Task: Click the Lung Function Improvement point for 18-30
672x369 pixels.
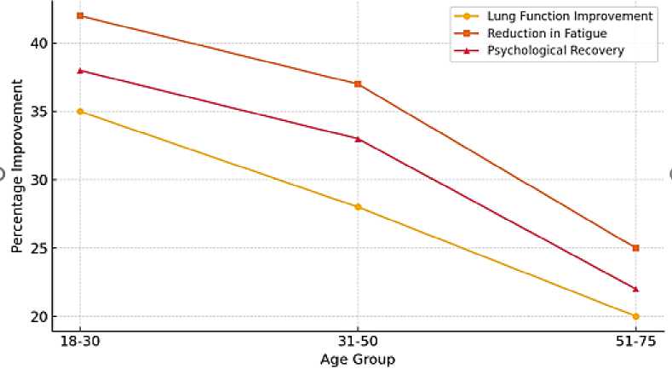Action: pos(80,112)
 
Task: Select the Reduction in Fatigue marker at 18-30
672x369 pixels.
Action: pos(80,15)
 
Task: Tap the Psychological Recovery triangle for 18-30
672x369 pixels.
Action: pos(80,71)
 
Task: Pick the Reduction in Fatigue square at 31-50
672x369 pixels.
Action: pos(358,84)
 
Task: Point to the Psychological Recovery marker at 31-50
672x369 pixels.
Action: pos(358,138)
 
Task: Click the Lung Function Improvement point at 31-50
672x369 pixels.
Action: pos(358,206)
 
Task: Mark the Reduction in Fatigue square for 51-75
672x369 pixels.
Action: pos(635,248)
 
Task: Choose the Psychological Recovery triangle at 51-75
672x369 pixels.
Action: pos(635,289)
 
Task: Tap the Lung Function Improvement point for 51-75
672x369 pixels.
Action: pos(635,316)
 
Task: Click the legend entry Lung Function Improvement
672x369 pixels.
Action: pos(569,16)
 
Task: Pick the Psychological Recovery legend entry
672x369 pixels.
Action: pos(555,50)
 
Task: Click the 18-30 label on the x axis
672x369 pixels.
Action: pos(80,340)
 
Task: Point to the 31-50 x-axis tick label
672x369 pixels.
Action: pos(358,340)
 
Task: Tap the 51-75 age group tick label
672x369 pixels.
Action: pos(635,340)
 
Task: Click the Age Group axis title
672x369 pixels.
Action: pos(358,359)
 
